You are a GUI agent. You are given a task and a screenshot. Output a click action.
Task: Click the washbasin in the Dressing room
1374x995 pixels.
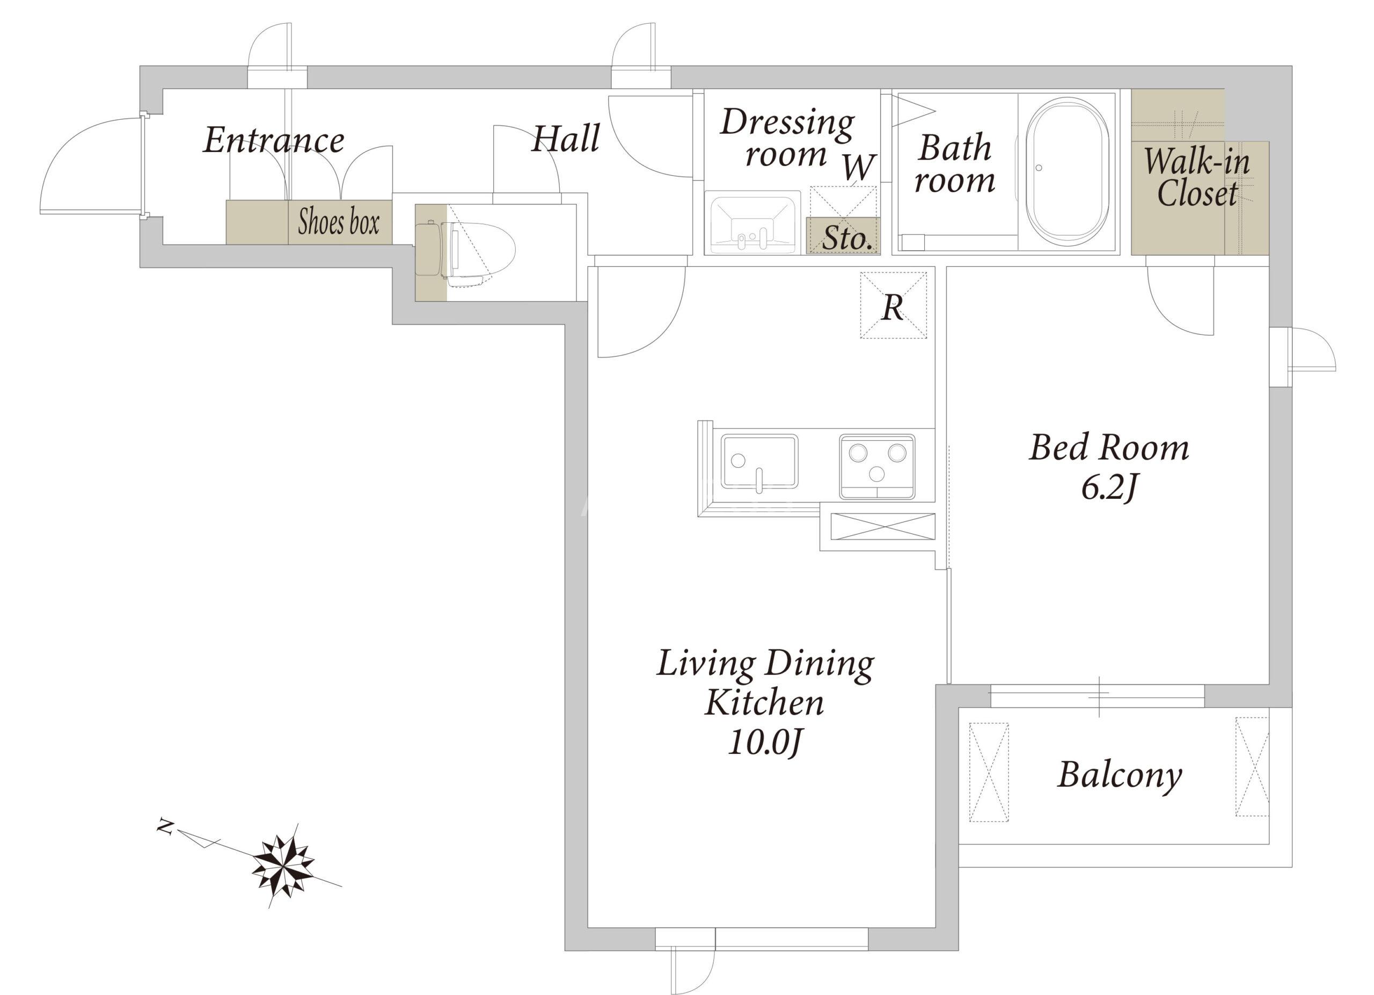[752, 222]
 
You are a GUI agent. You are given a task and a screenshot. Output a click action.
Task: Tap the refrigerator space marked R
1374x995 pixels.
[893, 305]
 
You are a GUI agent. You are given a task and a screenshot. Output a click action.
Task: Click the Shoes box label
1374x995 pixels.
[339, 222]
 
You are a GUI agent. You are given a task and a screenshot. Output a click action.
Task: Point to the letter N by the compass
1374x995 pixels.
[165, 826]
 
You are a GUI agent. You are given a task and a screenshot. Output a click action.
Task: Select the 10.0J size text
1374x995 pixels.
[764, 742]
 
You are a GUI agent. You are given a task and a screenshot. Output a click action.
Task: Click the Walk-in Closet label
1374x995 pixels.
[1196, 178]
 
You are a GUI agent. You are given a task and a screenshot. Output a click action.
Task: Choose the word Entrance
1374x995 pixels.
[274, 140]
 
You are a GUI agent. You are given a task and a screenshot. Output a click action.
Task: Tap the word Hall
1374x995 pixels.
[566, 138]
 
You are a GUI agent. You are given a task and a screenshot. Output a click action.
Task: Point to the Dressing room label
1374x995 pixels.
[787, 137]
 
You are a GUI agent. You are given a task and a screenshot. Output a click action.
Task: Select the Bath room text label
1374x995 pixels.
[954, 164]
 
